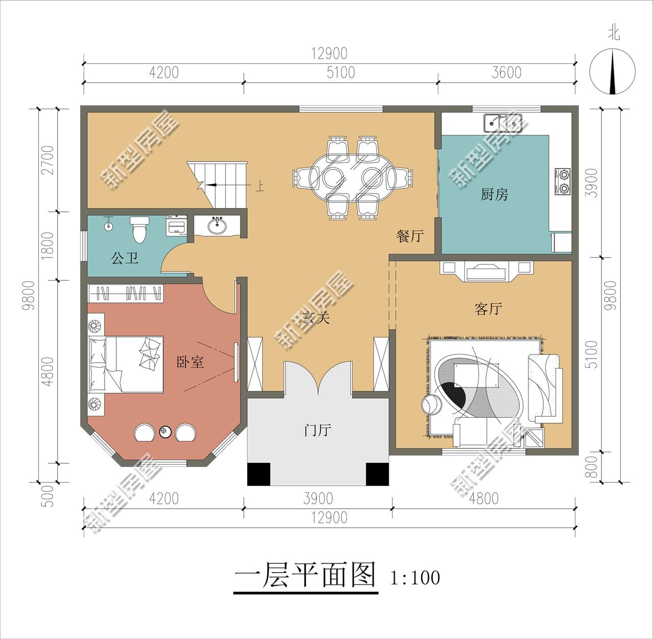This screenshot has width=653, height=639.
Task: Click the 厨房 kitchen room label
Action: [494, 195]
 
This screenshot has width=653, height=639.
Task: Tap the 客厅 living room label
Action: [488, 309]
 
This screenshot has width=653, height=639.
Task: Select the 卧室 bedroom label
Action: [190, 362]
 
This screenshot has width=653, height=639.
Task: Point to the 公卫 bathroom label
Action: [124, 258]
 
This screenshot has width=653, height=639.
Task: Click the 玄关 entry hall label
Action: [316, 318]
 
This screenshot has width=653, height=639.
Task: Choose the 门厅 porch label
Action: [317, 431]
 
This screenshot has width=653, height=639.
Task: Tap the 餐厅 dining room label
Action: [410, 236]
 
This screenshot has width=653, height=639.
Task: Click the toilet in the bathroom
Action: [139, 229]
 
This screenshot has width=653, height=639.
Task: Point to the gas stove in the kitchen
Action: [563, 182]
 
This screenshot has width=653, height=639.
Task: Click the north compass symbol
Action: [613, 71]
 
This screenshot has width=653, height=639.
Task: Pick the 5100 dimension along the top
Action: [341, 73]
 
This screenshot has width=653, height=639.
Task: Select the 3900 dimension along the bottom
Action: [317, 498]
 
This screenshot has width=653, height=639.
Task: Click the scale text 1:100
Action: [415, 578]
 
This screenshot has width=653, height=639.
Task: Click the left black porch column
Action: [258, 475]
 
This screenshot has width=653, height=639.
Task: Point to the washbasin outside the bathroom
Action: [219, 225]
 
